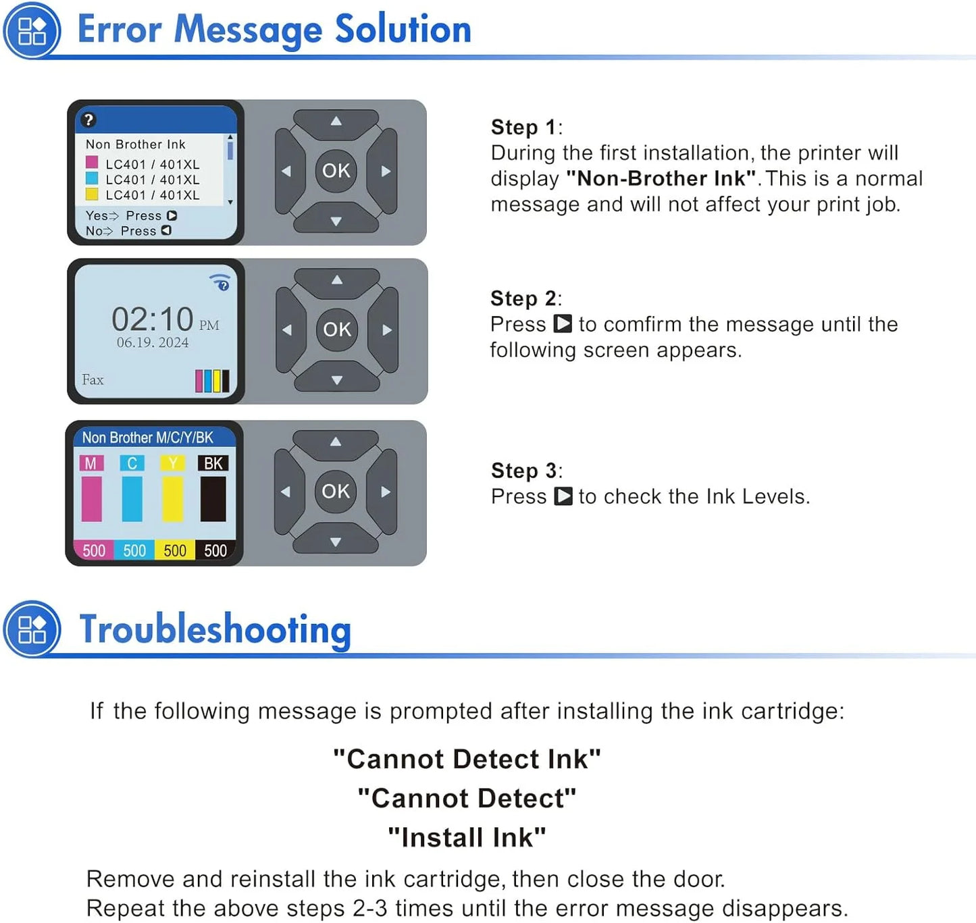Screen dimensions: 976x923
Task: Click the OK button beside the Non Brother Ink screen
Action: [336, 171]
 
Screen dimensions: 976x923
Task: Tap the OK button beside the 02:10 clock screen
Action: [337, 329]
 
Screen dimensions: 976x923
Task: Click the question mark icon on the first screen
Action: [89, 120]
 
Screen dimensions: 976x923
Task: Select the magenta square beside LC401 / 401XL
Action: [92, 162]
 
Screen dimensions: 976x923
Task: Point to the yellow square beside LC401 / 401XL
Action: [92, 194]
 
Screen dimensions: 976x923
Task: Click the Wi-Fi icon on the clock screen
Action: [220, 282]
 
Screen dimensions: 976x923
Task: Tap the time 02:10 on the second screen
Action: [153, 319]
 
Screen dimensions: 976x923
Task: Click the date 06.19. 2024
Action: [153, 342]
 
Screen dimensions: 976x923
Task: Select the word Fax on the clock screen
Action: [93, 379]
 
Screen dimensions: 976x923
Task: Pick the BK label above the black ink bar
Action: [213, 463]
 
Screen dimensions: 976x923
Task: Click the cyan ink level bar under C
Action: [132, 499]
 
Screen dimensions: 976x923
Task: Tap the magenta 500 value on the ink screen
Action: [94, 550]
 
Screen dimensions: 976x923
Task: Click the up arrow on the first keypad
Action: [336, 121]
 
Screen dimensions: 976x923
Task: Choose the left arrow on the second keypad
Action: [287, 330]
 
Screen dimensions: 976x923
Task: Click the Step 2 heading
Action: [525, 298]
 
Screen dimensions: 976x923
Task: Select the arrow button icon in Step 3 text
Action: [563, 496]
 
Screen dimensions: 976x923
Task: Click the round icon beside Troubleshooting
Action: [32, 629]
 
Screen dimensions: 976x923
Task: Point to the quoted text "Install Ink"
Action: [467, 837]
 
